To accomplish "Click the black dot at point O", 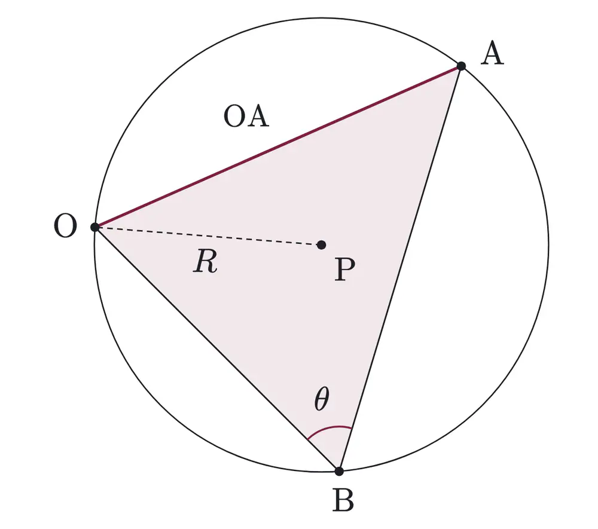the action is tap(95, 227).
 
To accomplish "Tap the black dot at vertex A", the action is tap(461, 66).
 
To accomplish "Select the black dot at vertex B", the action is tap(339, 471).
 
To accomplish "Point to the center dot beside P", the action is tap(322, 244).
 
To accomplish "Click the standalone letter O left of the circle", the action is tap(66, 225).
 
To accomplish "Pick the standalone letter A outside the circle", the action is tap(492, 54).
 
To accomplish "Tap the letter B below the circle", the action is tap(343, 500).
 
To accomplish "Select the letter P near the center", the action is tap(345, 270).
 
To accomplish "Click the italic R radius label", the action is tap(205, 262).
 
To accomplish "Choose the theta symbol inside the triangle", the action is tap(322, 399).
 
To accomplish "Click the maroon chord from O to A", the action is tap(278, 146).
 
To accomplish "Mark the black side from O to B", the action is tap(217, 349).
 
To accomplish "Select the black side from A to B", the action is tap(400, 269).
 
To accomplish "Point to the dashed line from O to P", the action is tap(208, 236).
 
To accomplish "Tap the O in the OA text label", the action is tap(234, 116).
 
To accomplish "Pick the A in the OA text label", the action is tap(258, 116).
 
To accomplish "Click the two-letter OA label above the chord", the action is tap(246, 116).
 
